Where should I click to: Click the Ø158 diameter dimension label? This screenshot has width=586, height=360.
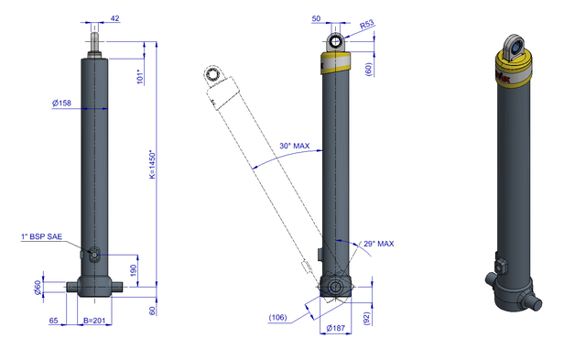click(x=61, y=103)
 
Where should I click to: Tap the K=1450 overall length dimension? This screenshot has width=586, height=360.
click(x=153, y=165)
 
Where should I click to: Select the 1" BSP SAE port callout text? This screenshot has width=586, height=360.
click(x=41, y=236)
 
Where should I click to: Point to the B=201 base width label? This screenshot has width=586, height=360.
click(x=94, y=321)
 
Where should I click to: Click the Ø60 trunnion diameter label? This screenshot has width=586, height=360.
click(x=38, y=287)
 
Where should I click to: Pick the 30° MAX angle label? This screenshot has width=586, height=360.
click(x=295, y=146)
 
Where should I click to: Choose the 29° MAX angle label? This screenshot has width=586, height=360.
click(x=378, y=244)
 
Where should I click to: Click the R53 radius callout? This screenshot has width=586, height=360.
click(x=366, y=25)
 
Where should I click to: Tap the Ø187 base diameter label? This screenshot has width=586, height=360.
click(x=336, y=328)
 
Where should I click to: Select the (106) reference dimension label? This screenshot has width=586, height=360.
click(x=277, y=317)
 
